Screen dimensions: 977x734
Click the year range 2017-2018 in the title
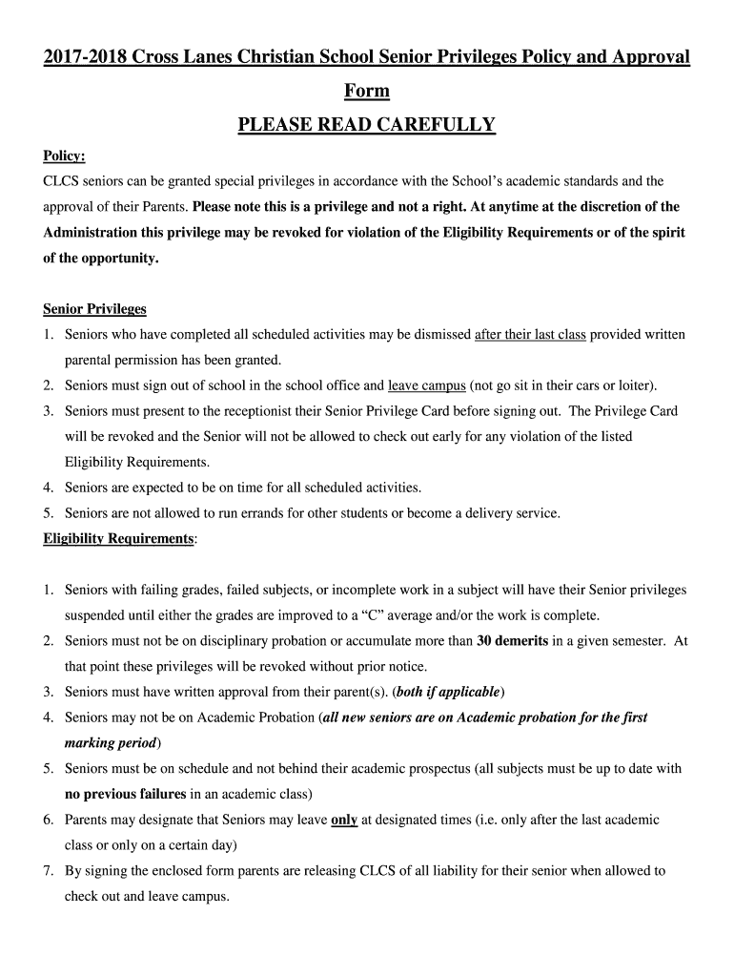pos(85,57)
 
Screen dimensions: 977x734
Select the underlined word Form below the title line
pos(367,91)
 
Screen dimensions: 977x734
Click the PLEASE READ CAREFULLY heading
pos(367,125)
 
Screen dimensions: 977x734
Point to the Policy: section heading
pos(64,156)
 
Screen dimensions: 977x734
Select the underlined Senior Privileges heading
pos(94,309)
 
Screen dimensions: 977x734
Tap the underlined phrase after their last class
pos(530,335)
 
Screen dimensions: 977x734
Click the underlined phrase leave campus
pos(426,385)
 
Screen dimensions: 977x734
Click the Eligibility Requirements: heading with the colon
pos(120,539)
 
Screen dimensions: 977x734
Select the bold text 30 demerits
pos(512,641)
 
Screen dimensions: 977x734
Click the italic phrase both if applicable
pos(447,692)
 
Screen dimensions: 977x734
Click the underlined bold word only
pos(344,820)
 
